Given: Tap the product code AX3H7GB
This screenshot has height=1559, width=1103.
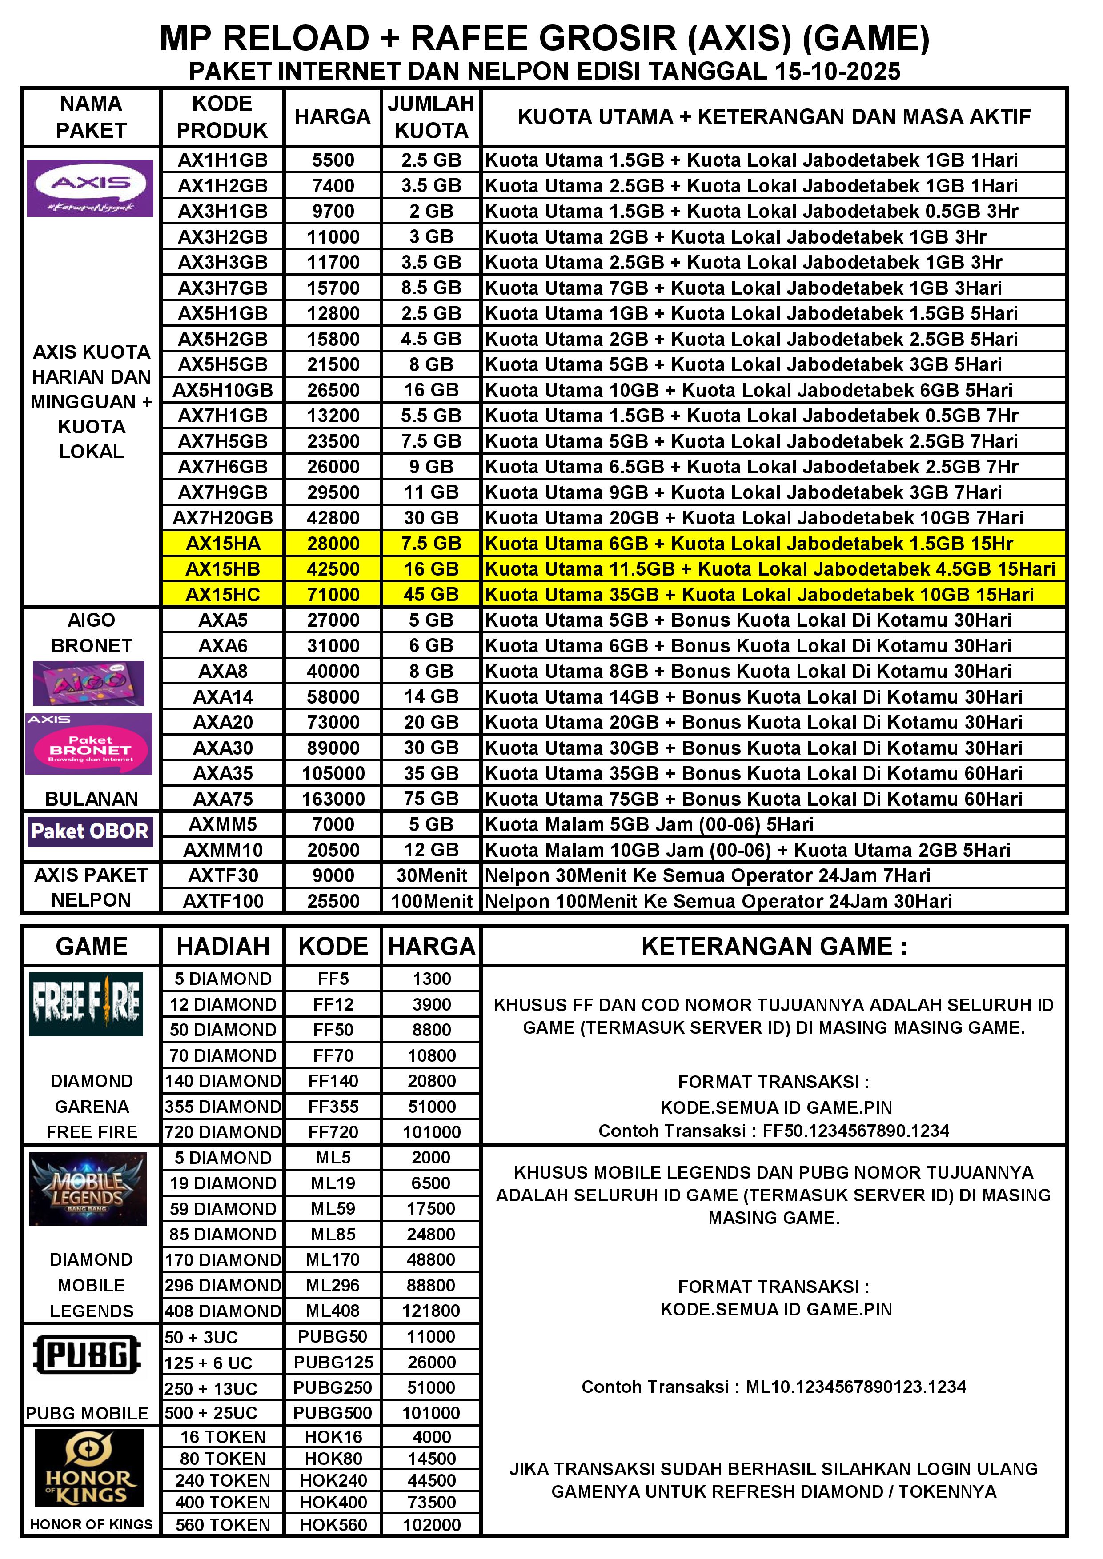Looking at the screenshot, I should point(223,288).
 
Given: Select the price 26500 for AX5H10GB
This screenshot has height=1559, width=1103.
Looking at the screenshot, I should point(333,391).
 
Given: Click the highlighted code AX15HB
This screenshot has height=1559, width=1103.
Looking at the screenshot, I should point(223,569).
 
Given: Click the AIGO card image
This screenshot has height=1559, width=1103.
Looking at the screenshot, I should point(89,683).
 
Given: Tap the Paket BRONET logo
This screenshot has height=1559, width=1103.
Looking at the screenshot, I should point(89,745).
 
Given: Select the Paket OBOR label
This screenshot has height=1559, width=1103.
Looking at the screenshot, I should point(90,831).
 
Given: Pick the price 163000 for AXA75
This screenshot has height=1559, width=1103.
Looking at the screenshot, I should point(333,799).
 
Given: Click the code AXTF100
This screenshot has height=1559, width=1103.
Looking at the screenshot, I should point(223,902).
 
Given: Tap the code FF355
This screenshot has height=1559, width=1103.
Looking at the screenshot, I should point(333,1107).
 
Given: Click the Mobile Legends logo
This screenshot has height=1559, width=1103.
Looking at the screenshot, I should point(88,1190).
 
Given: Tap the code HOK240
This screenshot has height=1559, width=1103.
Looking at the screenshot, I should point(333,1481).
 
